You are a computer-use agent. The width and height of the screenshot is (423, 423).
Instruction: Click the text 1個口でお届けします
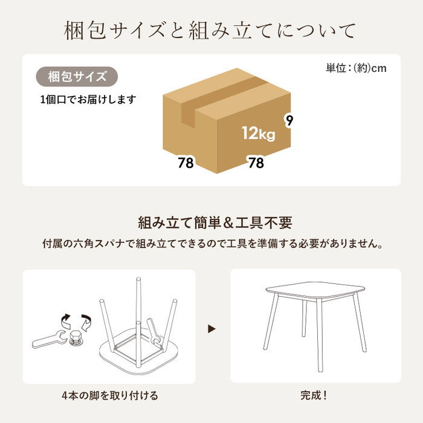coord(88,99)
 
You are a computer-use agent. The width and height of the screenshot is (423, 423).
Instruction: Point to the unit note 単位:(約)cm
coord(356,68)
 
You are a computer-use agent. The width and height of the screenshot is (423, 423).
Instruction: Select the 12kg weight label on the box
coord(258,133)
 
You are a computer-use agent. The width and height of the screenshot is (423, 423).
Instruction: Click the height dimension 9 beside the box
coord(290,120)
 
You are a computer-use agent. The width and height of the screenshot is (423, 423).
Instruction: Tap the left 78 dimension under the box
coord(186,163)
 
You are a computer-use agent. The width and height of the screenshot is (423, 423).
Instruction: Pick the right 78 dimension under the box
coord(256,163)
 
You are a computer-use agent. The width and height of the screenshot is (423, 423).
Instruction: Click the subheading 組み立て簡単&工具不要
coord(211,223)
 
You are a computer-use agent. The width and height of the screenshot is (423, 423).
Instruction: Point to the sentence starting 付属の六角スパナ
coord(211,245)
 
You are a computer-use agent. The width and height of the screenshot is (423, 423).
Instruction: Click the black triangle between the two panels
coord(211,329)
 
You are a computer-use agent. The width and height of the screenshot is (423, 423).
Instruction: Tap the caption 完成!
coord(314,396)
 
